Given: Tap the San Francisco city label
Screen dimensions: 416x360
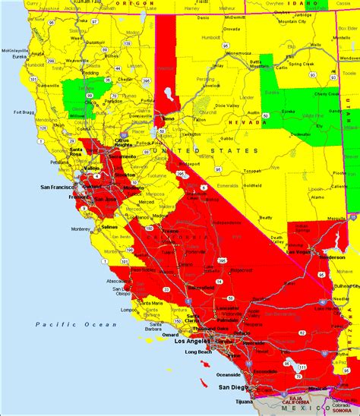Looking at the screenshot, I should [57, 187].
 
